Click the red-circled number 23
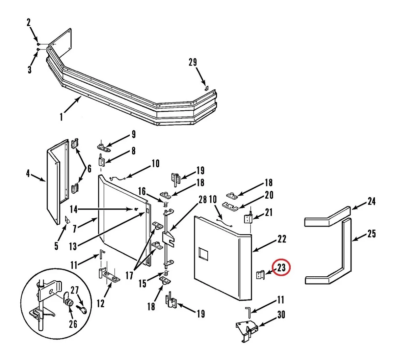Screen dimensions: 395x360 (x=281, y=268)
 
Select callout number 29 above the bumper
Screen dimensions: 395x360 (x=193, y=62)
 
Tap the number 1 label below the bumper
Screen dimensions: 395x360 (x=62, y=117)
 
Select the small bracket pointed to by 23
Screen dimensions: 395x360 (x=260, y=275)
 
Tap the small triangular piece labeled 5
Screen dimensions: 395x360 (x=67, y=220)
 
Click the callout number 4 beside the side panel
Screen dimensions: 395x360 (x=28, y=174)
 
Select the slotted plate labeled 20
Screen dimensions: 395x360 (x=230, y=207)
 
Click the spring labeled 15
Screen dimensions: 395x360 (x=166, y=273)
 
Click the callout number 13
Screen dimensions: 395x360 (x=73, y=246)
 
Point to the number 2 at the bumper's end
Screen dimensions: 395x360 (x=29, y=23)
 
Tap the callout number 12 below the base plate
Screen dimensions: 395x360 (x=100, y=303)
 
